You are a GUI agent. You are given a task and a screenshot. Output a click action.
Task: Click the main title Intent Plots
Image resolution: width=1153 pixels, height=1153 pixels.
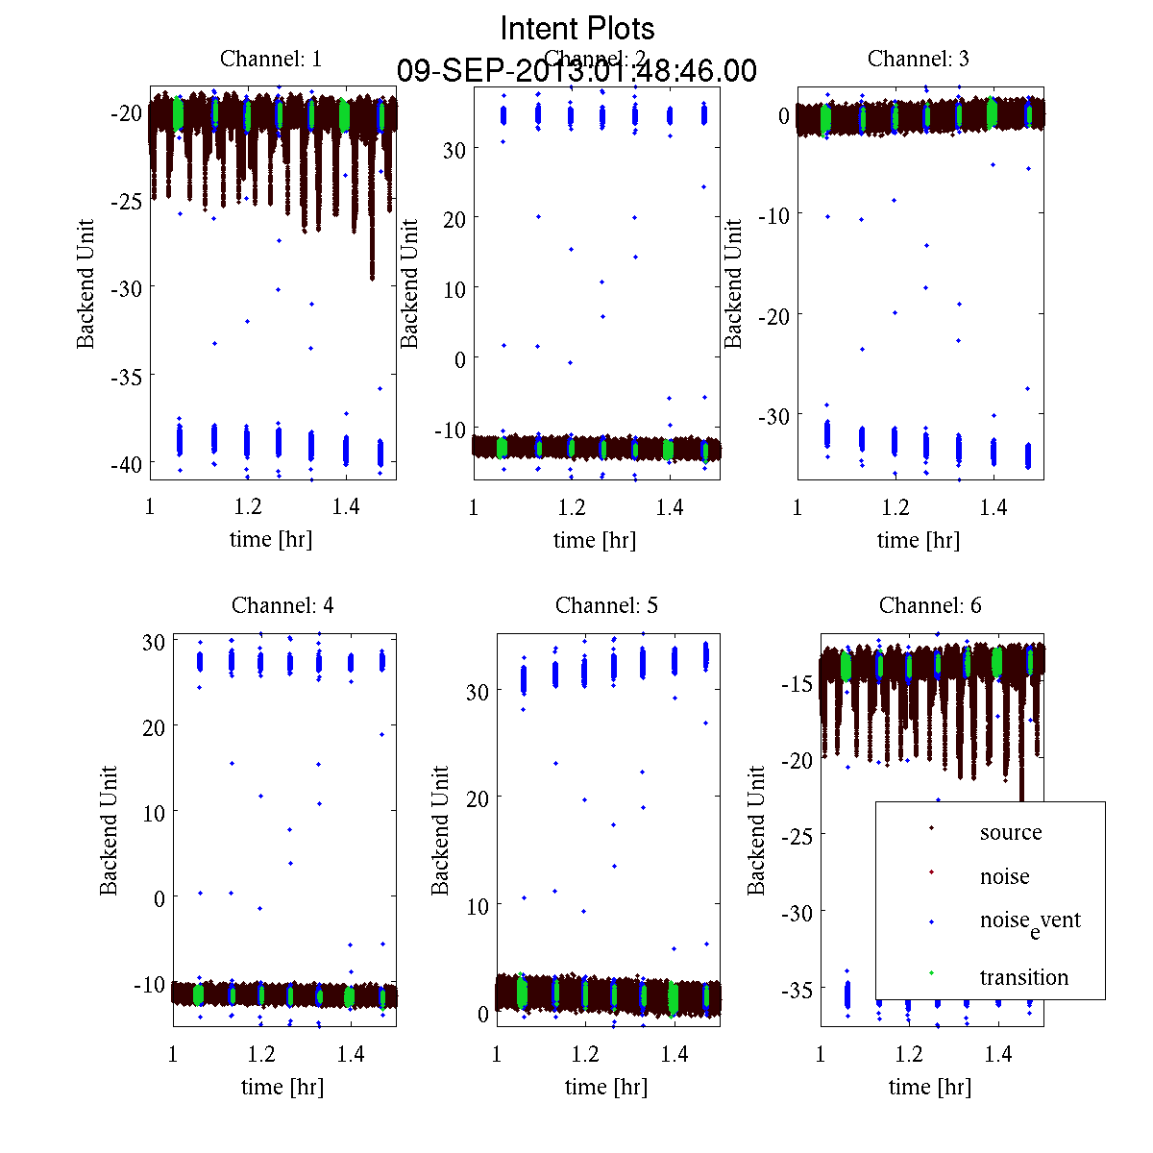pyautogui.click(x=577, y=28)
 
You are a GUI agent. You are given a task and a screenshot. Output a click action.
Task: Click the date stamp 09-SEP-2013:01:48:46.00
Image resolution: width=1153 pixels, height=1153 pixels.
pyautogui.click(x=576, y=71)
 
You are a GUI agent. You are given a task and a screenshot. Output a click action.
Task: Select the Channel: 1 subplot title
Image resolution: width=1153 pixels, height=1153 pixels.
pyautogui.click(x=271, y=59)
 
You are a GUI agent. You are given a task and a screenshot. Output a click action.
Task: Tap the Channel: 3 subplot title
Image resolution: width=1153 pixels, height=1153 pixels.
pyautogui.click(x=919, y=59)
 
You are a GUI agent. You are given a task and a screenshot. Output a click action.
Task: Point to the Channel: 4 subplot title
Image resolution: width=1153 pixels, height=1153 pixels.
pyautogui.click(x=282, y=605)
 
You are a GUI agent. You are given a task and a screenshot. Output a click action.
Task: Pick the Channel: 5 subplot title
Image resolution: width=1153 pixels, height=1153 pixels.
pyautogui.click(x=606, y=605)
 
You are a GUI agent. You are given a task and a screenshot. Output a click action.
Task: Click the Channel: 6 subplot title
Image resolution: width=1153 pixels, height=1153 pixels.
pyautogui.click(x=930, y=605)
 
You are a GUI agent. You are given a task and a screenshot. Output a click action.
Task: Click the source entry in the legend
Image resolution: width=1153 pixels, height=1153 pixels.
pyautogui.click(x=1010, y=832)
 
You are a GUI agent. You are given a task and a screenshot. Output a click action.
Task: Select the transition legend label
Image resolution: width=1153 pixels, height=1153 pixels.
pyautogui.click(x=1023, y=977)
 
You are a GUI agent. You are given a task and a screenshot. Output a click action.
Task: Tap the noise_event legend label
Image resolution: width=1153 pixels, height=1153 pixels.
pyautogui.click(x=1029, y=920)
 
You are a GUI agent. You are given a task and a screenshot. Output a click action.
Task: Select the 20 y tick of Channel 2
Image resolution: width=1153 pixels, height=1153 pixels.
pyautogui.click(x=454, y=219)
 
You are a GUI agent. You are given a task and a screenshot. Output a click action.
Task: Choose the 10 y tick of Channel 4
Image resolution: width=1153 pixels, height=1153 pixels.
pyautogui.click(x=153, y=812)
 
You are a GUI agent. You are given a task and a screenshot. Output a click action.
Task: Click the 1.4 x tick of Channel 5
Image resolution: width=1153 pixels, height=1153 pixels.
pyautogui.click(x=675, y=1054)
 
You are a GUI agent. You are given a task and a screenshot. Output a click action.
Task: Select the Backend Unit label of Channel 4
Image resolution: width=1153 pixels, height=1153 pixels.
pyautogui.click(x=110, y=830)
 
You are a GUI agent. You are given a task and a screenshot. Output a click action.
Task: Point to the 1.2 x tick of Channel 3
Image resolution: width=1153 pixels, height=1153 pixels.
pyautogui.click(x=895, y=507)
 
